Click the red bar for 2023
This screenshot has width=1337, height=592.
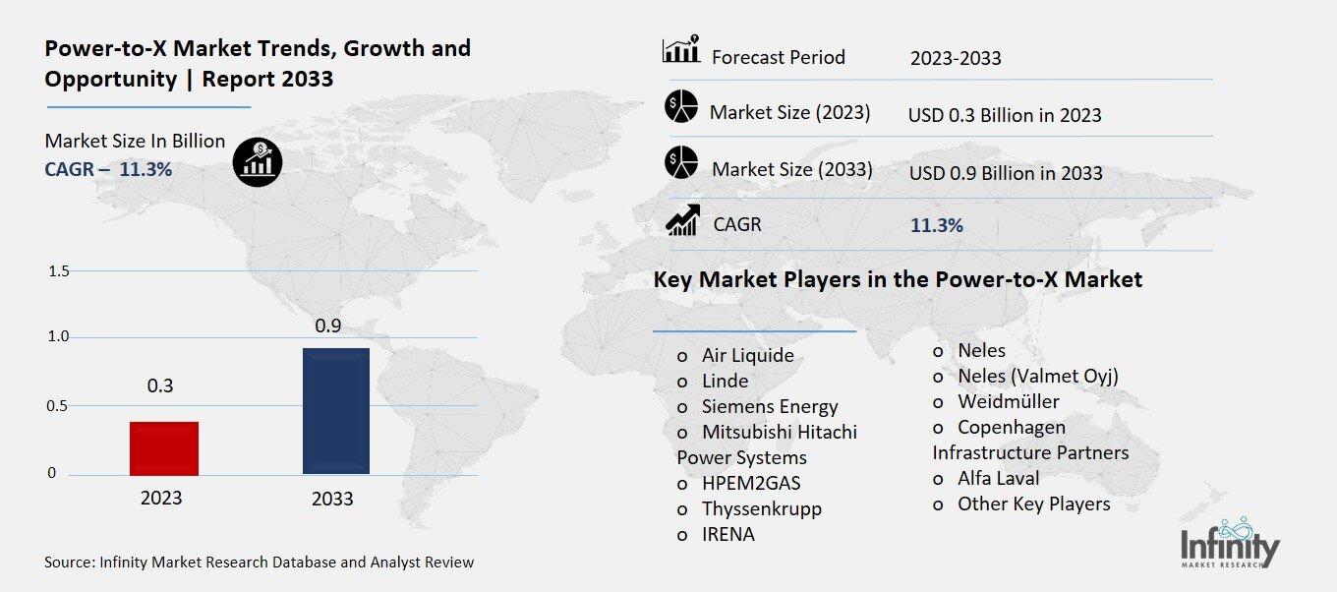click(x=164, y=448)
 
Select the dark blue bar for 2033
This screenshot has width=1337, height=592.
click(x=335, y=411)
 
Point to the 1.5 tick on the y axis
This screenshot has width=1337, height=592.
click(x=58, y=271)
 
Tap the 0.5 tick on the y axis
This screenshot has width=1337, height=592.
click(x=58, y=406)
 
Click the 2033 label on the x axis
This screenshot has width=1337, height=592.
click(x=332, y=499)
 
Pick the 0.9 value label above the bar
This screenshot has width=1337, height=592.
click(x=327, y=325)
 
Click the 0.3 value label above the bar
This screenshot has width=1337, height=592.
click(x=160, y=386)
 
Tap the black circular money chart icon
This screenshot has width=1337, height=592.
click(x=258, y=160)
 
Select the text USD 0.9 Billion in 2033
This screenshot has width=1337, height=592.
click(x=1006, y=173)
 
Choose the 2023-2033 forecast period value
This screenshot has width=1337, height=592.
click(x=956, y=58)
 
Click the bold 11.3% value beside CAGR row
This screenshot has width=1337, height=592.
click(x=936, y=225)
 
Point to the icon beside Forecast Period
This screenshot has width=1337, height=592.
click(x=680, y=49)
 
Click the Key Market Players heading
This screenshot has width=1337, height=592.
click(x=898, y=280)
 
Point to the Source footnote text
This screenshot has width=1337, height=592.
click(x=259, y=562)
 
